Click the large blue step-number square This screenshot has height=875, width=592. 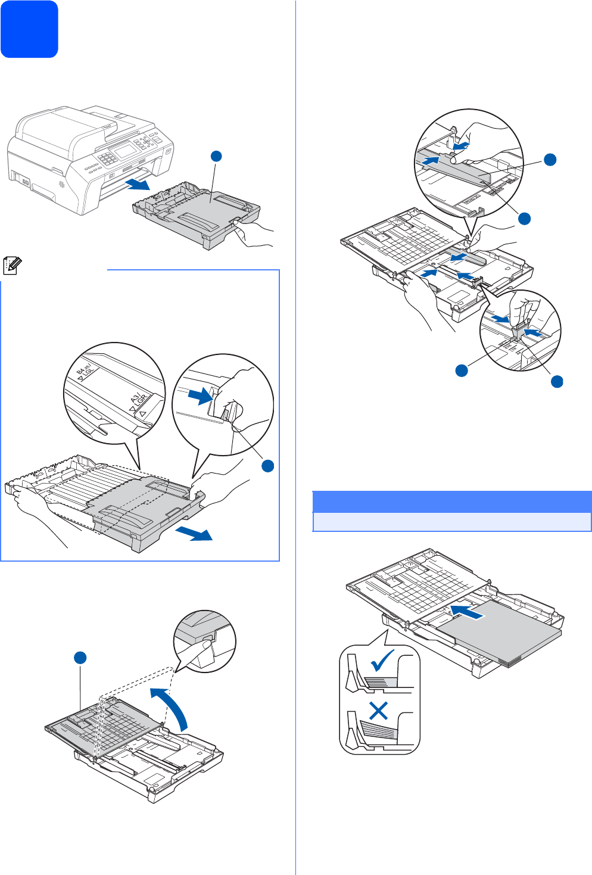point(29,29)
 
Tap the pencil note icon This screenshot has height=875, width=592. point(11,265)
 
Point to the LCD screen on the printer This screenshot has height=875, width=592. point(126,150)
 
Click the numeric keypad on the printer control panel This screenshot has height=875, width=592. point(107,158)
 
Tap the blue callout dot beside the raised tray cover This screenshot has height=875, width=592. point(80,658)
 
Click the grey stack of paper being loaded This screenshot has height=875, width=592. point(500,631)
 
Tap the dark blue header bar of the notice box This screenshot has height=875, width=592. point(451,502)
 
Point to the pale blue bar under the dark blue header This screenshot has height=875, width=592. point(451,522)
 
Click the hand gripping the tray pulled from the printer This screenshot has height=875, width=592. point(253,232)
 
